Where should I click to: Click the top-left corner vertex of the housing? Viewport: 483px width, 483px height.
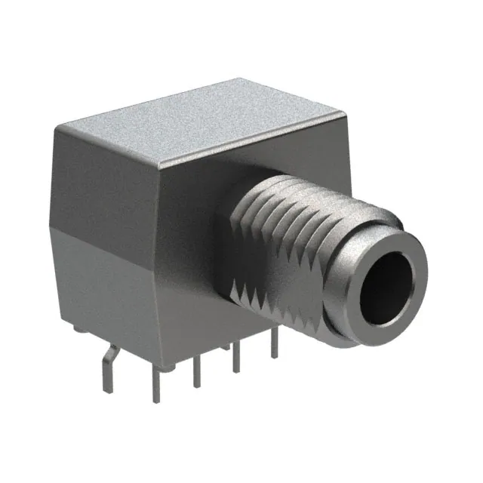coord(55,130)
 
